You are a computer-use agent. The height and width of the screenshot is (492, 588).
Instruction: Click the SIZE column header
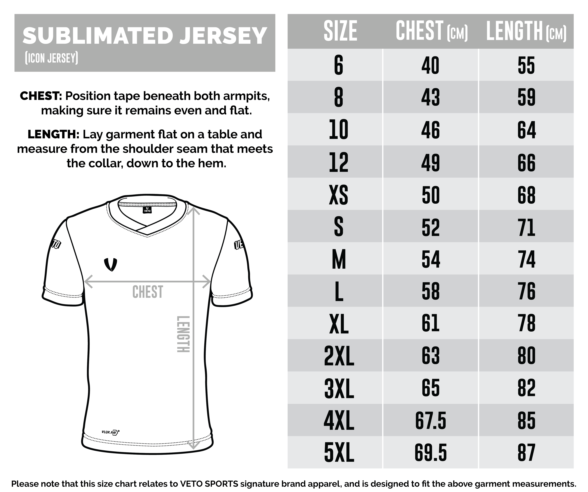point(340,31)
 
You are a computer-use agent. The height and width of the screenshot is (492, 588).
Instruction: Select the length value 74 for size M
point(526,259)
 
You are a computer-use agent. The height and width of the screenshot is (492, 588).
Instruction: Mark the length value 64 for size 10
point(526,130)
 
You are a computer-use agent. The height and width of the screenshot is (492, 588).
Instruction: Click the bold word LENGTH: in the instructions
point(53,134)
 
